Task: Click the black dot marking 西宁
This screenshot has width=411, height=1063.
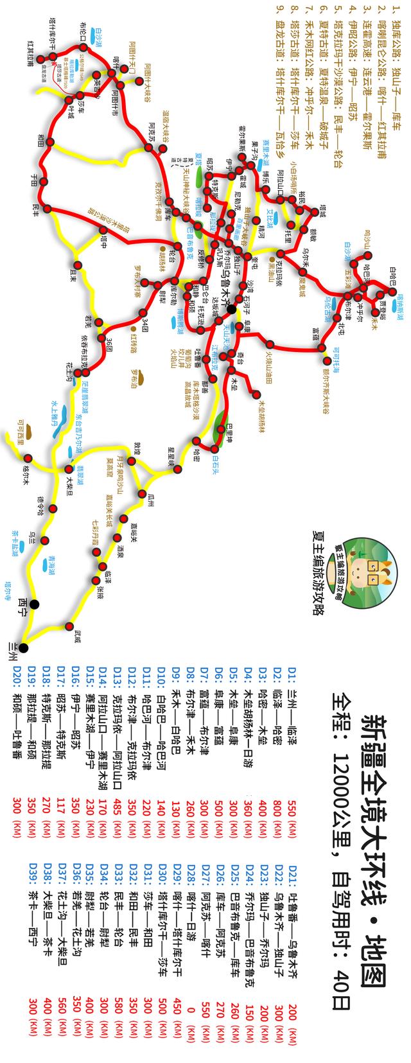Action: tap(33, 604)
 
